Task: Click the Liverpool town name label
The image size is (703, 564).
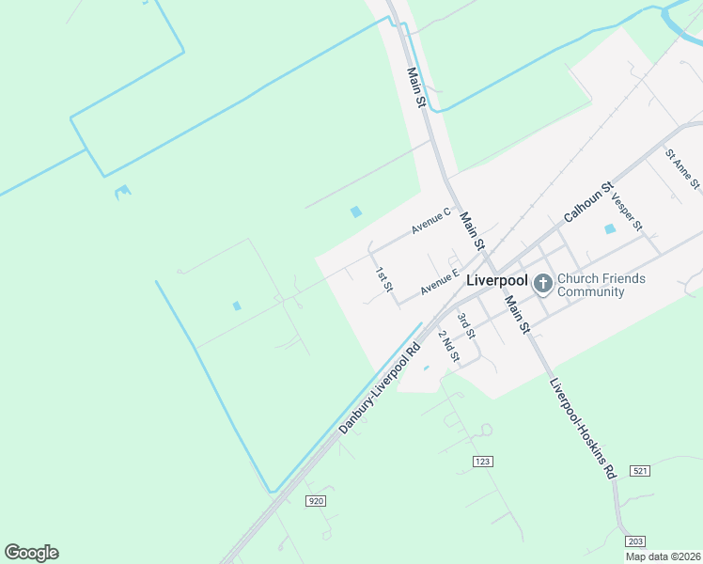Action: coord(498,280)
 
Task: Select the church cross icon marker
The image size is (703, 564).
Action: coord(542,282)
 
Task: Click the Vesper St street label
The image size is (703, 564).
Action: coord(626,213)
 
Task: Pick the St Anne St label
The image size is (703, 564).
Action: coord(682,168)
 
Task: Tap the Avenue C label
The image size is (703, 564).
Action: coord(431,222)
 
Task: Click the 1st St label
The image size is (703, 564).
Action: coord(383,279)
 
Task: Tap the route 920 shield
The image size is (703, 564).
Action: coord(316,501)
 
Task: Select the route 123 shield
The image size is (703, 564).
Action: coord(483,461)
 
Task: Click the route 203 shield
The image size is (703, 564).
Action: coord(635,541)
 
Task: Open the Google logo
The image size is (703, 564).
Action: coord(31,553)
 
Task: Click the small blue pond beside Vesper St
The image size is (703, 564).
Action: coord(610,228)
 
